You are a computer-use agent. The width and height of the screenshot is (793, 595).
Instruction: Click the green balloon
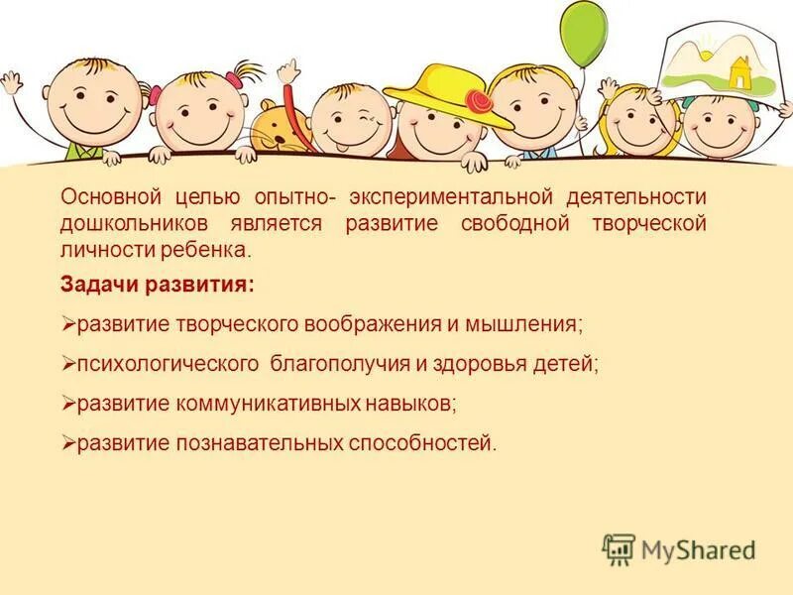(x=582, y=33)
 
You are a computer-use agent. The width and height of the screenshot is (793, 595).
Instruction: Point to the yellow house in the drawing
(x=739, y=71)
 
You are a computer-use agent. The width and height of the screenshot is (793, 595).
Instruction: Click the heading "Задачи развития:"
(x=157, y=285)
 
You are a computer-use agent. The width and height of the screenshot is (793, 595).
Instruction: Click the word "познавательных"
(x=262, y=443)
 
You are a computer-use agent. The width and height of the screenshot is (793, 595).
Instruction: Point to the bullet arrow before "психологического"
(x=68, y=364)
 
